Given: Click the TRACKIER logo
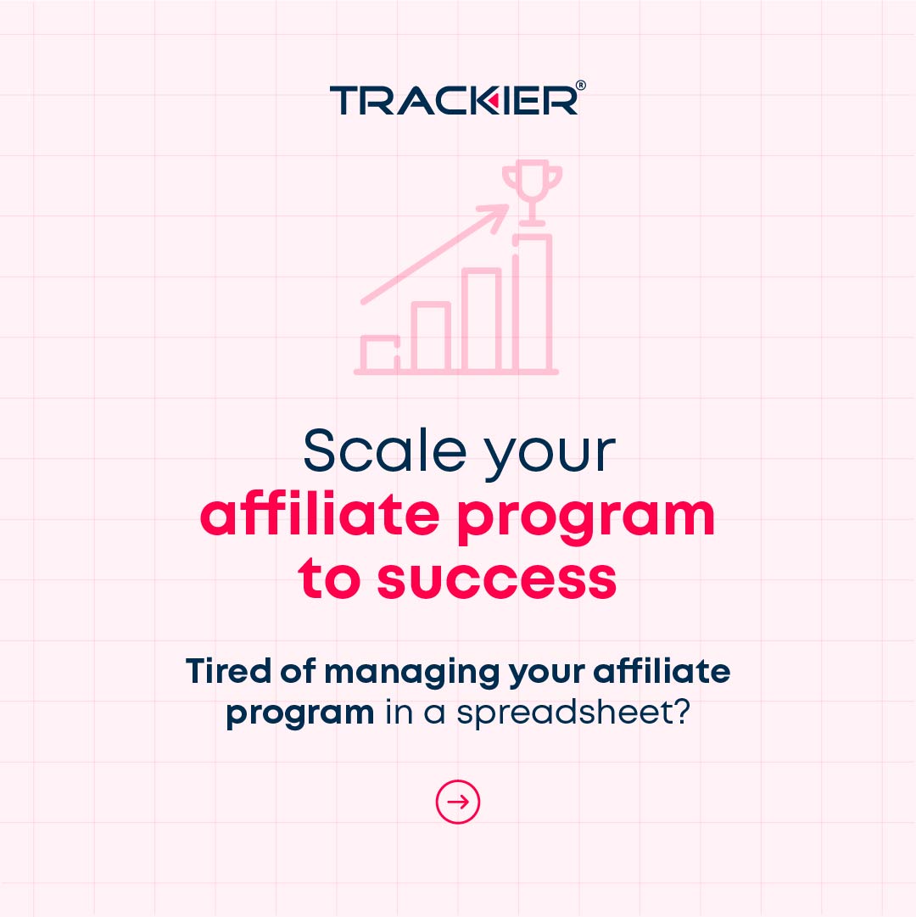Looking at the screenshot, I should click(454, 100).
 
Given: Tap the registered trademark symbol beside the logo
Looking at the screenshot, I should click(580, 87).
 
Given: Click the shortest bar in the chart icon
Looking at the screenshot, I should click(379, 354).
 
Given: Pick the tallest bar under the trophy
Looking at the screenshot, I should click(533, 303).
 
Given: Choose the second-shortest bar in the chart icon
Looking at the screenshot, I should click(430, 337).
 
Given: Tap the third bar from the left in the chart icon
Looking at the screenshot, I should click(482, 320).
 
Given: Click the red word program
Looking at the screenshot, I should click(585, 517).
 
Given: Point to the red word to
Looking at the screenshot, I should click(331, 579).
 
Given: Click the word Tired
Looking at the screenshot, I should click(224, 671).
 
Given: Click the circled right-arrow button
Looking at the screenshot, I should click(458, 802).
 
